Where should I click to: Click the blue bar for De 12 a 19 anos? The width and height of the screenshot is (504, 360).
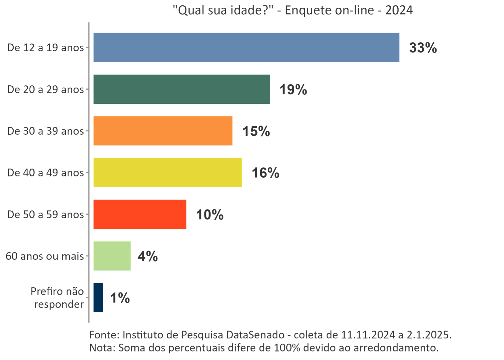point(246,47)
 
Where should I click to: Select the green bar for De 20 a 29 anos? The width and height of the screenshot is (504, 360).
point(182,89)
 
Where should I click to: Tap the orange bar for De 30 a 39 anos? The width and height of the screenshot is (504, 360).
point(163,131)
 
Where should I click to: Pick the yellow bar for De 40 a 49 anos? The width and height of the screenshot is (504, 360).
point(168,173)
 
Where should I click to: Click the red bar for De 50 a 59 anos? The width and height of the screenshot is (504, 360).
point(140,214)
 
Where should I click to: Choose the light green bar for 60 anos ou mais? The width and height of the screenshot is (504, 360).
point(112,256)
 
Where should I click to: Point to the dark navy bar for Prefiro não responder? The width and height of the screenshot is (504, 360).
point(98,298)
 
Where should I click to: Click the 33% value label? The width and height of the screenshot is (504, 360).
point(423,48)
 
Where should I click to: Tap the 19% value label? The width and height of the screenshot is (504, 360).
point(293,90)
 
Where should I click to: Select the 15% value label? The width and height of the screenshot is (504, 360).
point(256,132)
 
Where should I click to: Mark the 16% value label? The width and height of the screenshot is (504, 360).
point(265,173)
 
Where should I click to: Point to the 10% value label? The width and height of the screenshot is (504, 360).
point(210,215)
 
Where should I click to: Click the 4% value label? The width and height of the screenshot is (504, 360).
point(148,257)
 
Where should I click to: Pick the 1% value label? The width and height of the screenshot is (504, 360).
point(120,298)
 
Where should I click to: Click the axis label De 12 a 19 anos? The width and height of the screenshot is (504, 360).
point(46,48)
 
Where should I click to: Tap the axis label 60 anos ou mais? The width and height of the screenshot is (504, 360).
point(45,256)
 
